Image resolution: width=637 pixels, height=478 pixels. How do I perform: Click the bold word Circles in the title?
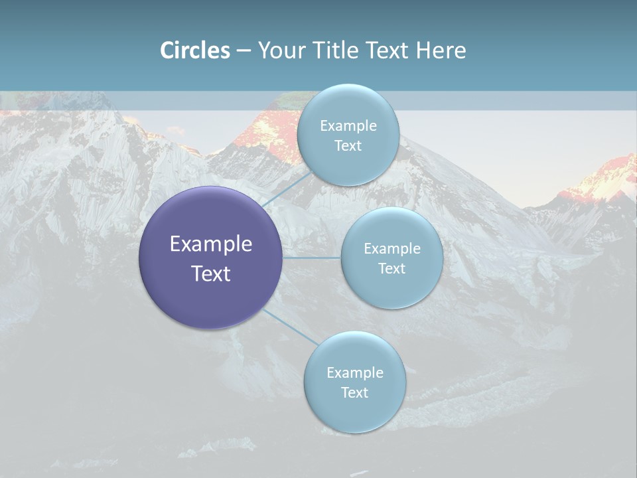coord(195,50)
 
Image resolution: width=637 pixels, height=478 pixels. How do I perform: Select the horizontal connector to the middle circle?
coord(311,258)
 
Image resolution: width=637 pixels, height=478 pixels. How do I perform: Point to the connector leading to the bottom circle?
coord(289,327)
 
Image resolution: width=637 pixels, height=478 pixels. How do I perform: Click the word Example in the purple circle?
coord(210,244)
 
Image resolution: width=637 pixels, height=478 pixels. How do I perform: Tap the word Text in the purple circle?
coord(210,274)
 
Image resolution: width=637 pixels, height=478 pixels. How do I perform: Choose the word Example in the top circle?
coord(348,126)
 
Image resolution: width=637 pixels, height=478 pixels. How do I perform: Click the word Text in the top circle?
coord(348,146)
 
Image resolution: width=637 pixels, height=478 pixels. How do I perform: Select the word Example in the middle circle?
coord(391,249)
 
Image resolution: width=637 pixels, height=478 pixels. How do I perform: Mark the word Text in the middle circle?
coord(391,269)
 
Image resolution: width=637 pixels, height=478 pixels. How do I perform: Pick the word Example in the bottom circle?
coord(354,373)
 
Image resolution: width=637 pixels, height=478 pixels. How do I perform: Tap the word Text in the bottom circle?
coord(354,393)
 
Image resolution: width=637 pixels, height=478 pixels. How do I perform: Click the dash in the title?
coord(243,51)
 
